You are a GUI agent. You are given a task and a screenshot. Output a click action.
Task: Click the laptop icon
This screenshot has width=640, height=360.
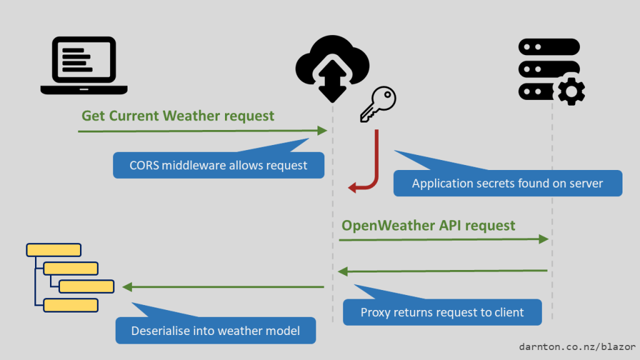point(84,65)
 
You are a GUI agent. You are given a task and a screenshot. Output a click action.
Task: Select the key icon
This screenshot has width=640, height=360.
point(378,104)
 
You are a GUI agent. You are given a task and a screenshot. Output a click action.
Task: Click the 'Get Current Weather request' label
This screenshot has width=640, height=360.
point(177,116)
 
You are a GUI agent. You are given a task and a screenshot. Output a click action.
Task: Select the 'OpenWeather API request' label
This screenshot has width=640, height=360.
point(428,225)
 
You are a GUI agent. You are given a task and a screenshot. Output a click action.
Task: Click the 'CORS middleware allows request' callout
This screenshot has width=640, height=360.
point(218,166)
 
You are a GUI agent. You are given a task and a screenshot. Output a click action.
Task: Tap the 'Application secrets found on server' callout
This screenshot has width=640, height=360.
point(507,183)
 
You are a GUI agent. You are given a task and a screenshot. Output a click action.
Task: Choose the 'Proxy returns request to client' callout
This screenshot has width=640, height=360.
point(442,312)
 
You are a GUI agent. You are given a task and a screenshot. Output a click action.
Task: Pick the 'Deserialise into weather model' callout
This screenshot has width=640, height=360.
point(216,331)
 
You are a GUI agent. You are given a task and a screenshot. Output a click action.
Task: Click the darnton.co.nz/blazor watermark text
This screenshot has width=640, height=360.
point(577,346)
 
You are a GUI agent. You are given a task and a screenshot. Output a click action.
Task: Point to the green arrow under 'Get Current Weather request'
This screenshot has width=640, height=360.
point(202,131)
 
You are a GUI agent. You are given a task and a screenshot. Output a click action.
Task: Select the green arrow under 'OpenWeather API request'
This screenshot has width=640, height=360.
point(444,239)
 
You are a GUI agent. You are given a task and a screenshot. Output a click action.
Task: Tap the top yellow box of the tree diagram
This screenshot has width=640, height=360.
point(54,250)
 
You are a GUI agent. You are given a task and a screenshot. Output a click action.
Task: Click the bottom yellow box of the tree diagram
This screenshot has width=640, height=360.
point(71,305)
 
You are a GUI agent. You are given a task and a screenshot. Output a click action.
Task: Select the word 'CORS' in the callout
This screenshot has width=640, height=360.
point(144,166)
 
